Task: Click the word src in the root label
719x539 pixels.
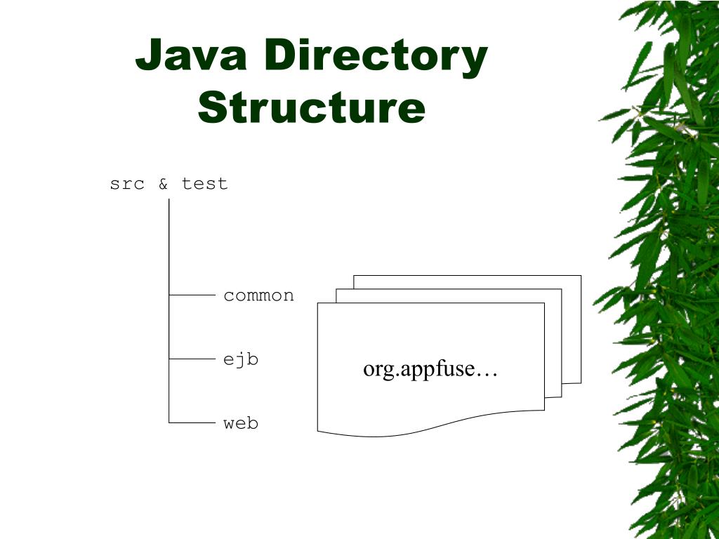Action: point(127,184)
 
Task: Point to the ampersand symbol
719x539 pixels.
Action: point(163,184)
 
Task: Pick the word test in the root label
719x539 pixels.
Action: point(204,184)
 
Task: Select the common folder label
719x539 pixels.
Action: point(258,295)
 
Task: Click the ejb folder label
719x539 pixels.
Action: point(241,359)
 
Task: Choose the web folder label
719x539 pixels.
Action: point(241,423)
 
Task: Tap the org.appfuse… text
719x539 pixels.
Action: point(430,369)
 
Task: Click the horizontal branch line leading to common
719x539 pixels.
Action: point(192,295)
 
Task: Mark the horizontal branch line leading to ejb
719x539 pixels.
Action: point(192,359)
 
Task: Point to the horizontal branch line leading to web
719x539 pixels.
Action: point(192,423)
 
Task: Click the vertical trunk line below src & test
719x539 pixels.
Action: point(169,246)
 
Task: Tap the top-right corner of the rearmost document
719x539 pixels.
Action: point(580,277)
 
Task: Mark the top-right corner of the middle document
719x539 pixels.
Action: point(560,290)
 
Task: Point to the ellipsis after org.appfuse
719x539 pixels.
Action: point(487,371)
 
